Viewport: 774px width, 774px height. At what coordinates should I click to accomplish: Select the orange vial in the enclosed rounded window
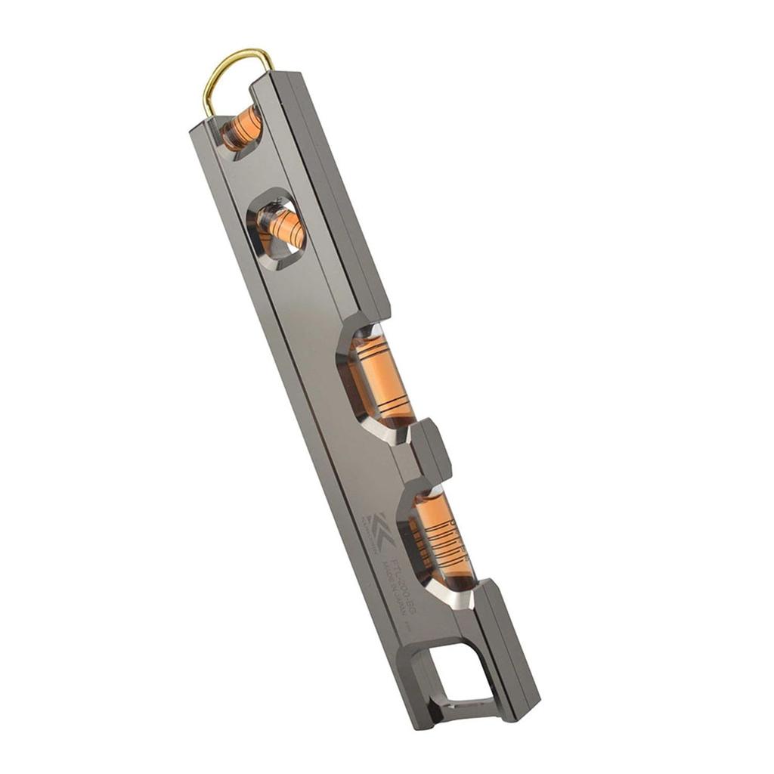tap(280, 224)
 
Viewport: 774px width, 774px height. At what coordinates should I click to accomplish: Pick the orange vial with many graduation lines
tap(444, 537)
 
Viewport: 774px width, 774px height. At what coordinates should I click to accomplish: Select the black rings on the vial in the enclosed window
tap(286, 224)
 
